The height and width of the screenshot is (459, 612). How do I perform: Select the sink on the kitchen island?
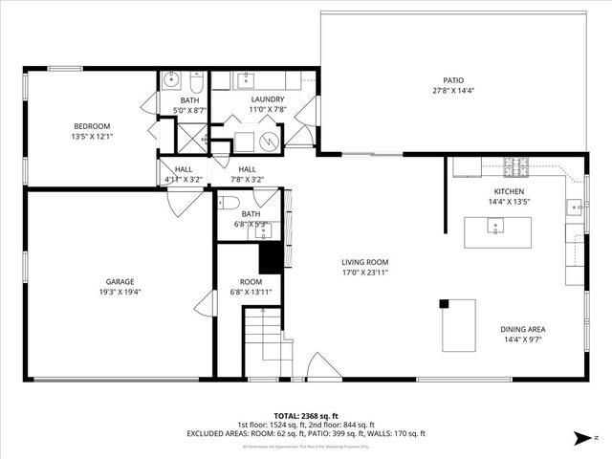click(495, 226)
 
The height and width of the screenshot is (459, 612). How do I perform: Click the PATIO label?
click(452, 80)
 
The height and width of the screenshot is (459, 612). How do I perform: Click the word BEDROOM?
click(93, 126)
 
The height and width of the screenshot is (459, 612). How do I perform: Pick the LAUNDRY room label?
click(268, 99)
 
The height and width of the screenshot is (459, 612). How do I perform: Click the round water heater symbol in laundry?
click(269, 142)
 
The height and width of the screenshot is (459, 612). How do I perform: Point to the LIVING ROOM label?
click(365, 261)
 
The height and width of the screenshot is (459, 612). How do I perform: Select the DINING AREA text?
click(523, 329)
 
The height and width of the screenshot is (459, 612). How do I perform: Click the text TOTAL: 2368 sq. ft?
click(306, 416)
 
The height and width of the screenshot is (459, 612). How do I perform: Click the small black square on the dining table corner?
click(444, 304)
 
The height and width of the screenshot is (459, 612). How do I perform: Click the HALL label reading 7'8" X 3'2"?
click(248, 179)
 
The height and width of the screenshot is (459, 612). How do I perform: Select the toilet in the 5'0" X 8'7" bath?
click(195, 78)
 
